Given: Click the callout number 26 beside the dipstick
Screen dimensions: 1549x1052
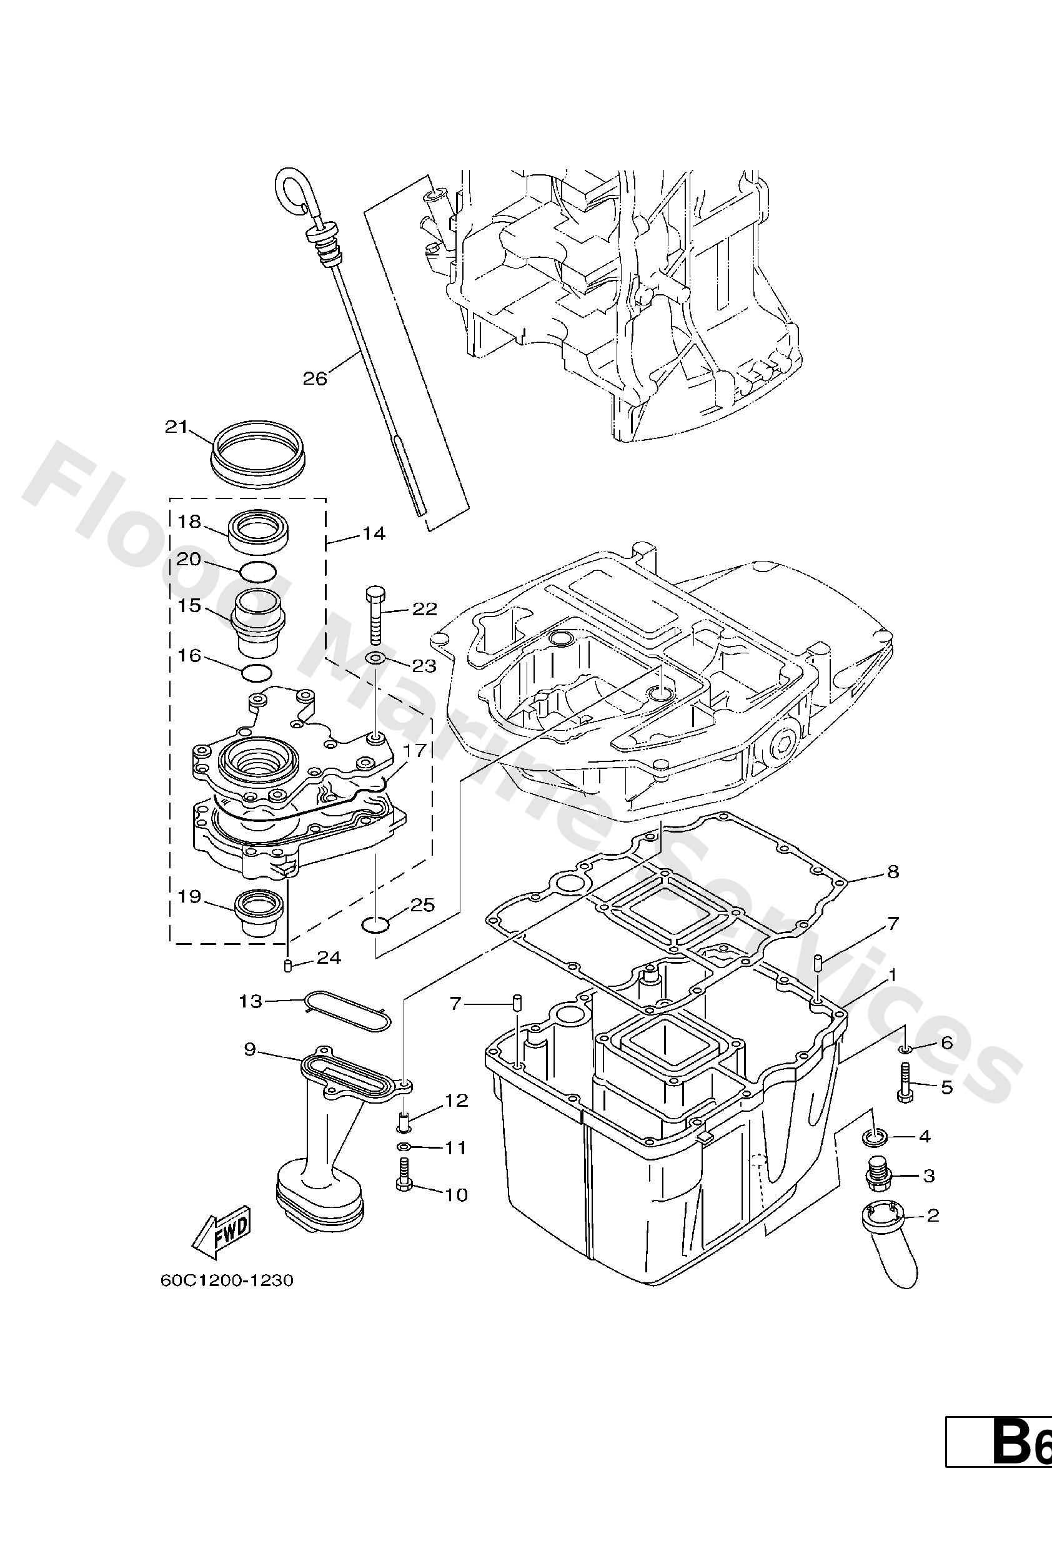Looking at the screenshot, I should [x=315, y=379].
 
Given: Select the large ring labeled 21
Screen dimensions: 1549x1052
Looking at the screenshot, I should [x=257, y=450].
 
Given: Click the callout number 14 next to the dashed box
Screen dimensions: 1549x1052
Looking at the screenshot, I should [x=374, y=533].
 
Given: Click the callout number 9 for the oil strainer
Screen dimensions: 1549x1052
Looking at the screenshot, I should [x=250, y=1050].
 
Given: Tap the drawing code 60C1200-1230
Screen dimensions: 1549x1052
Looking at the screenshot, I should [x=227, y=1280].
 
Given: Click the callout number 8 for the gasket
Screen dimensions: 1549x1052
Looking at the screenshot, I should [x=893, y=871].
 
